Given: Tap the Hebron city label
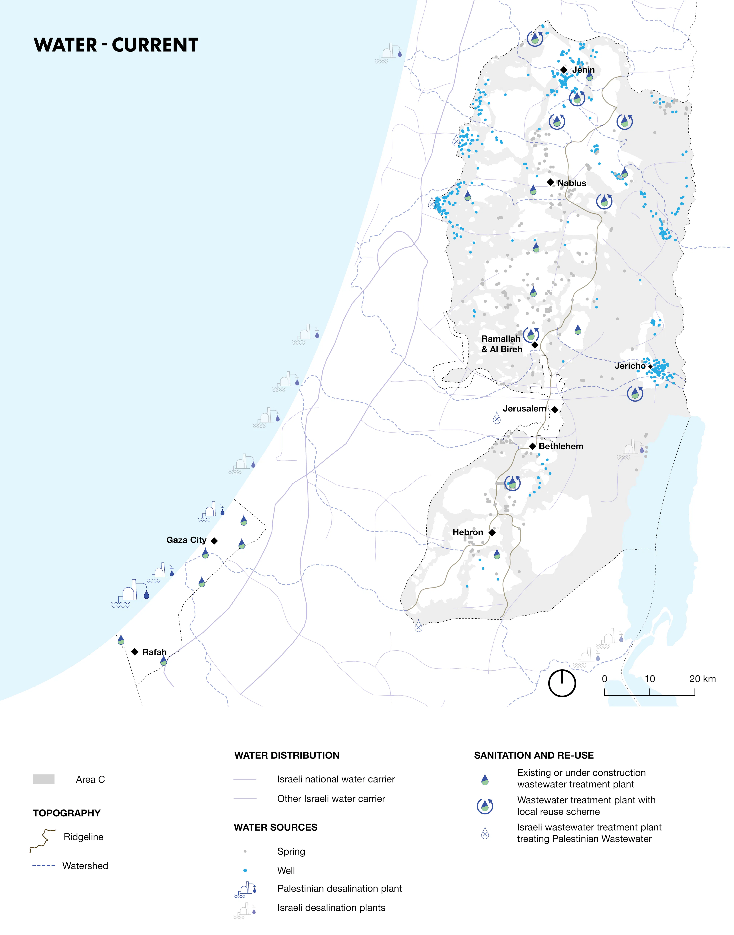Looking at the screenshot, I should [x=467, y=532].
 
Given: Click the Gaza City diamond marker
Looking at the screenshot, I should [x=214, y=541].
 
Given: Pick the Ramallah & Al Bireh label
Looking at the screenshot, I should [x=501, y=344].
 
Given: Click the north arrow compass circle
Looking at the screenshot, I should [x=562, y=683].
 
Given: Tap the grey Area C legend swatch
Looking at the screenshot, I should [x=43, y=779].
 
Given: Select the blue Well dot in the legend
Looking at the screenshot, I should [x=245, y=870].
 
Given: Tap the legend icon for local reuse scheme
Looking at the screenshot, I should [x=485, y=806].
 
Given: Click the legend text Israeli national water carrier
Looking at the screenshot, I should [x=336, y=779].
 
